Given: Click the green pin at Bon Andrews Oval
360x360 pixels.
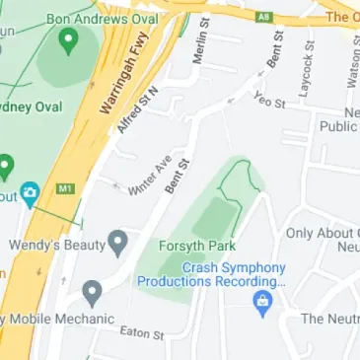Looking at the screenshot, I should tap(68, 40).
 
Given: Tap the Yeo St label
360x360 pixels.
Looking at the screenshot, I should tap(268, 100).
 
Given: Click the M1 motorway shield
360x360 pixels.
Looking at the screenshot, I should tap(67, 187).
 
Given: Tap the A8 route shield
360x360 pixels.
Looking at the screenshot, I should tap(264, 16).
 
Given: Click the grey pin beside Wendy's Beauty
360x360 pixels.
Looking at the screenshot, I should tap(118, 241).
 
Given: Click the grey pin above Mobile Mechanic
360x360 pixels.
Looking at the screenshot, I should tap(93, 291).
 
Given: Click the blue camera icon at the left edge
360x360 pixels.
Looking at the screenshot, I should tap(31, 192).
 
